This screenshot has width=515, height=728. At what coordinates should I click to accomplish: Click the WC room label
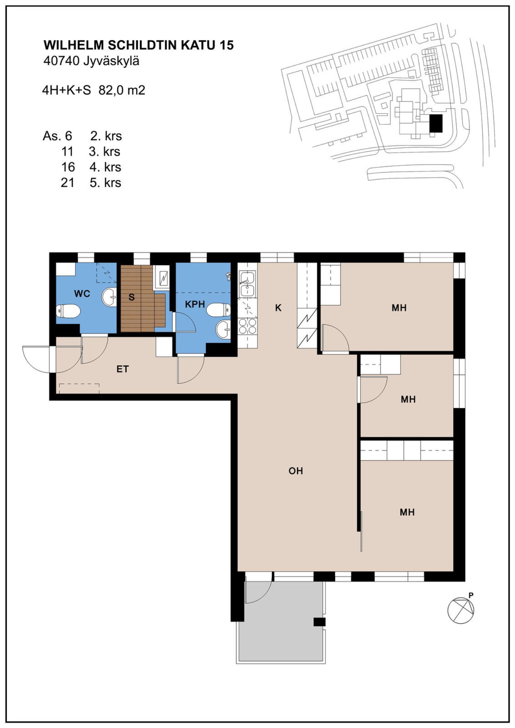click(x=82, y=294)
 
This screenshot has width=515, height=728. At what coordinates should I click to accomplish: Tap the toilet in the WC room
click(x=68, y=311)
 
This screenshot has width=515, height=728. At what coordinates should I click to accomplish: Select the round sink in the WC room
click(x=109, y=297)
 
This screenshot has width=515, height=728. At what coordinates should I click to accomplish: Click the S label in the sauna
click(x=132, y=297)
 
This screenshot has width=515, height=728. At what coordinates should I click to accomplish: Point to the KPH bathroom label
click(x=195, y=304)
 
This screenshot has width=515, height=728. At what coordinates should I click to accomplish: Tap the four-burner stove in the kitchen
click(x=247, y=326)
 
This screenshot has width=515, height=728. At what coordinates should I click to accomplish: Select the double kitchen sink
click(x=247, y=284)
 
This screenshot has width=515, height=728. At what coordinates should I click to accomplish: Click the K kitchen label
click(x=278, y=307)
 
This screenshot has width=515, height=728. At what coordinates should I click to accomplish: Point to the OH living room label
click(x=296, y=471)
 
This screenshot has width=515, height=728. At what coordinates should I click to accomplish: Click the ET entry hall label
click(x=123, y=369)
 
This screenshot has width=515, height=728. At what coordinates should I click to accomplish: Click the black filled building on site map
click(x=436, y=123)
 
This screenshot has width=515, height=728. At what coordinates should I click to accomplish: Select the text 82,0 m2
click(x=122, y=90)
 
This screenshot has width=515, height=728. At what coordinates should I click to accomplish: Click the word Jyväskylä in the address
click(x=111, y=61)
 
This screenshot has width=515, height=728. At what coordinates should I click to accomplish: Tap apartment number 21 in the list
click(x=68, y=183)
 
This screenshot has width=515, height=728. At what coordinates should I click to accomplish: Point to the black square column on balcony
click(x=319, y=621)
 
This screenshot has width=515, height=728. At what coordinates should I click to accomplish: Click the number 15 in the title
click(x=226, y=45)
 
